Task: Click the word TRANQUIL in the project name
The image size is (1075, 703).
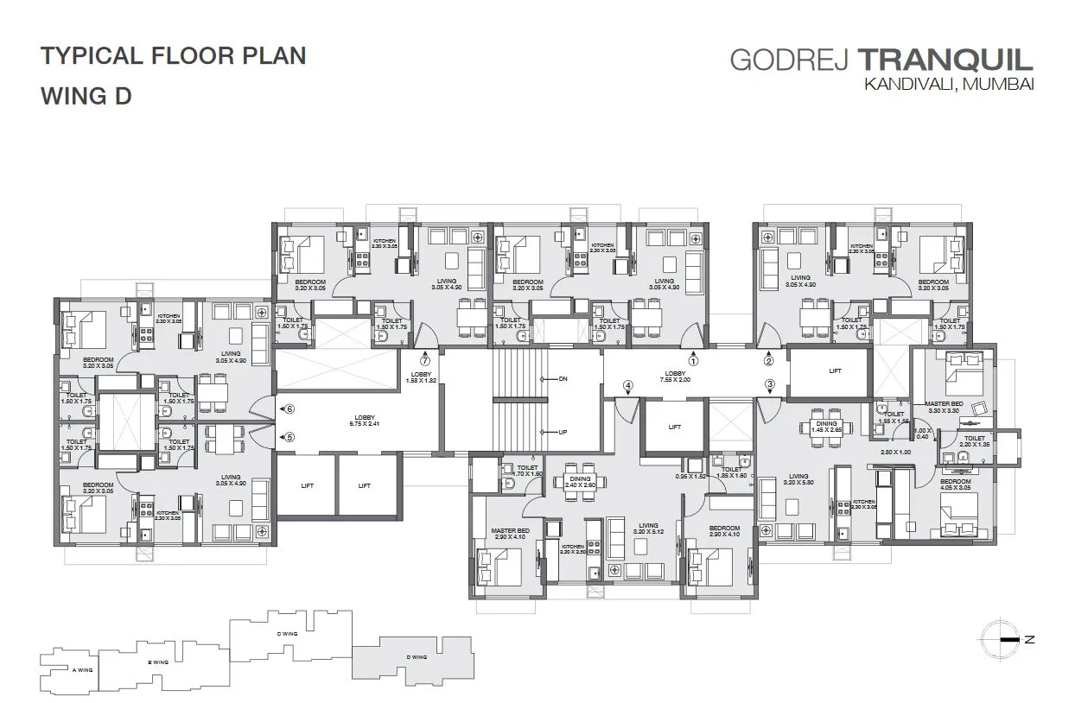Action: coord(945,60)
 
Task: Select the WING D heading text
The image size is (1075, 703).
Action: coord(86,96)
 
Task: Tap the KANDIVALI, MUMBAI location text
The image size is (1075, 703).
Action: coord(948,85)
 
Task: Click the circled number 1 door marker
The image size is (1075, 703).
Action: coord(692,355)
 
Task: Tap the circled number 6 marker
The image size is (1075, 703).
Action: coord(289,408)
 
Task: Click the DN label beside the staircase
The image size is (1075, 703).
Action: coord(563,379)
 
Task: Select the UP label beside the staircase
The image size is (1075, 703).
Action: coord(563,432)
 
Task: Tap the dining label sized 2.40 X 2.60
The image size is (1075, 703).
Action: coord(580,482)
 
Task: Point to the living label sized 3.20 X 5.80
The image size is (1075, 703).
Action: coord(798,480)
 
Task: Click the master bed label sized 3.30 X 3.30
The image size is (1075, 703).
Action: coord(944,408)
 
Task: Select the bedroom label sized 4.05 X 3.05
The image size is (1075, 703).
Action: coord(954,484)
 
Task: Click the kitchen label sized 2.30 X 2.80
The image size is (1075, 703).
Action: coord(572,549)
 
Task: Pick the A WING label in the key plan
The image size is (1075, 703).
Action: coord(82,669)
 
